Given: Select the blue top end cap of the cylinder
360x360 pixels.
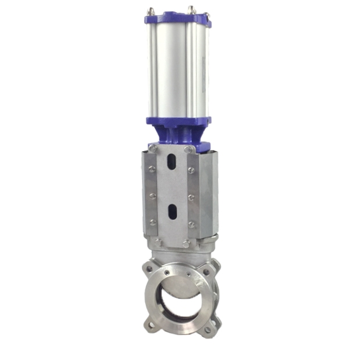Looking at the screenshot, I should [177, 20].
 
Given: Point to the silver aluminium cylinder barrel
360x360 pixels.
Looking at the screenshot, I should [174, 70].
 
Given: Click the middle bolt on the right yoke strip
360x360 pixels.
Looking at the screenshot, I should [191, 197].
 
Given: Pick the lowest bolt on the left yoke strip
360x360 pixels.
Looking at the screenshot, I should [153, 222].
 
